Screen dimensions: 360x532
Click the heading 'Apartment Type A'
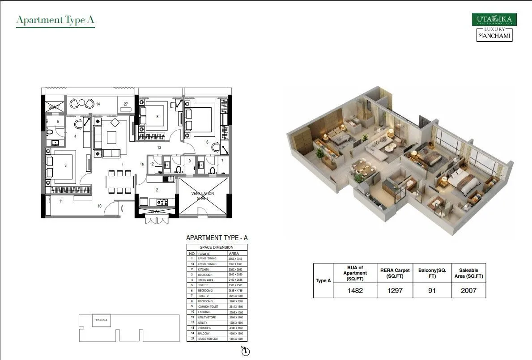coord(55,20)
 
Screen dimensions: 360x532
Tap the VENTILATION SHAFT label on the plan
coord(203,196)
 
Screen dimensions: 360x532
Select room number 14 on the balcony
coord(98,104)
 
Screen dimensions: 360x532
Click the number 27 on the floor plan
coord(126,104)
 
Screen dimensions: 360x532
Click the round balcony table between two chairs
coord(81,103)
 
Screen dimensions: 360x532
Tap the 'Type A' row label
coord(323,281)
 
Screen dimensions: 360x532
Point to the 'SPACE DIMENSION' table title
coord(217,247)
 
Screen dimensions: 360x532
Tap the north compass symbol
coord(245,352)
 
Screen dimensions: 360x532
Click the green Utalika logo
coord(494,20)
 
